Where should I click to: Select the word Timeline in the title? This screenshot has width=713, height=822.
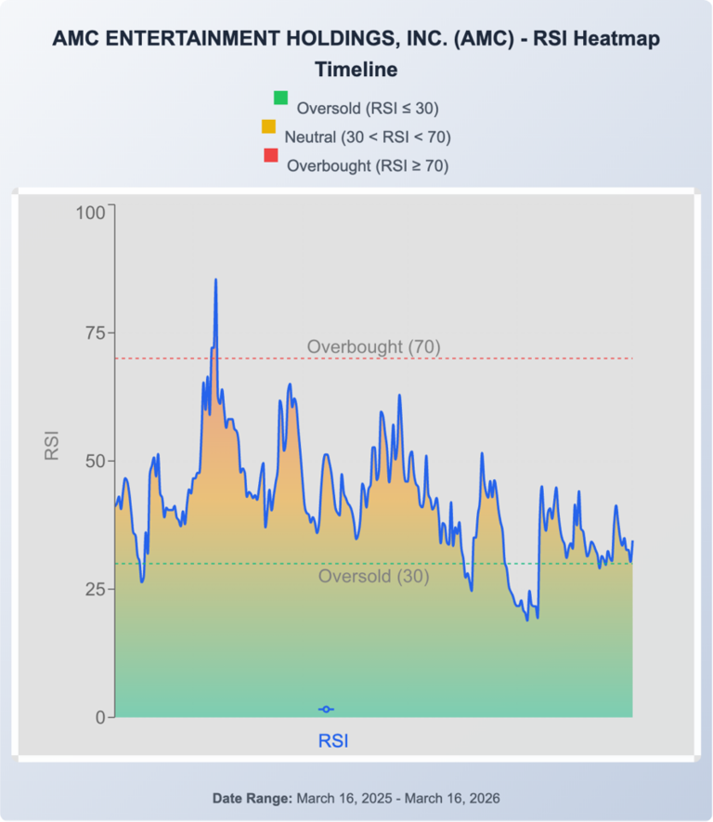[356, 69]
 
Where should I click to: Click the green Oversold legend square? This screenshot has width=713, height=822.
[280, 98]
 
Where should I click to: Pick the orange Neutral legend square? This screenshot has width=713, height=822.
[268, 126]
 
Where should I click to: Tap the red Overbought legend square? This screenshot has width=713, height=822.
[271, 156]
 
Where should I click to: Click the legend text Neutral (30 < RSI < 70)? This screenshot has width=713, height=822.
[368, 137]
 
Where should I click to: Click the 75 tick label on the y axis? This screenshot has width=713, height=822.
[94, 333]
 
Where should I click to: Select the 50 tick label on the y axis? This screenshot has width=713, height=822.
[94, 461]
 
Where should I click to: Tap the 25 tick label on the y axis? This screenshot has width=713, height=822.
[94, 589]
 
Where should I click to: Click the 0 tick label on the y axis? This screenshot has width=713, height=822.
[98, 717]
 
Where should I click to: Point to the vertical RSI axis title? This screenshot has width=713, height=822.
[52, 445]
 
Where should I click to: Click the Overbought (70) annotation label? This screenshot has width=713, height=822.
[373, 346]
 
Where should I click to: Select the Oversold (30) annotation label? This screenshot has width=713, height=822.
[373, 576]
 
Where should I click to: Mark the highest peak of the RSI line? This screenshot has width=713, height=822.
[215, 280]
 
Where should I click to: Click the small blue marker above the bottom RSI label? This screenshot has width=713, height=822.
[326, 709]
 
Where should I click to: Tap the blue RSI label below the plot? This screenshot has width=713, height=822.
[334, 740]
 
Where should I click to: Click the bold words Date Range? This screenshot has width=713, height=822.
[253, 798]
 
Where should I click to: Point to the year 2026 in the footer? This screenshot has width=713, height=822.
[484, 798]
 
